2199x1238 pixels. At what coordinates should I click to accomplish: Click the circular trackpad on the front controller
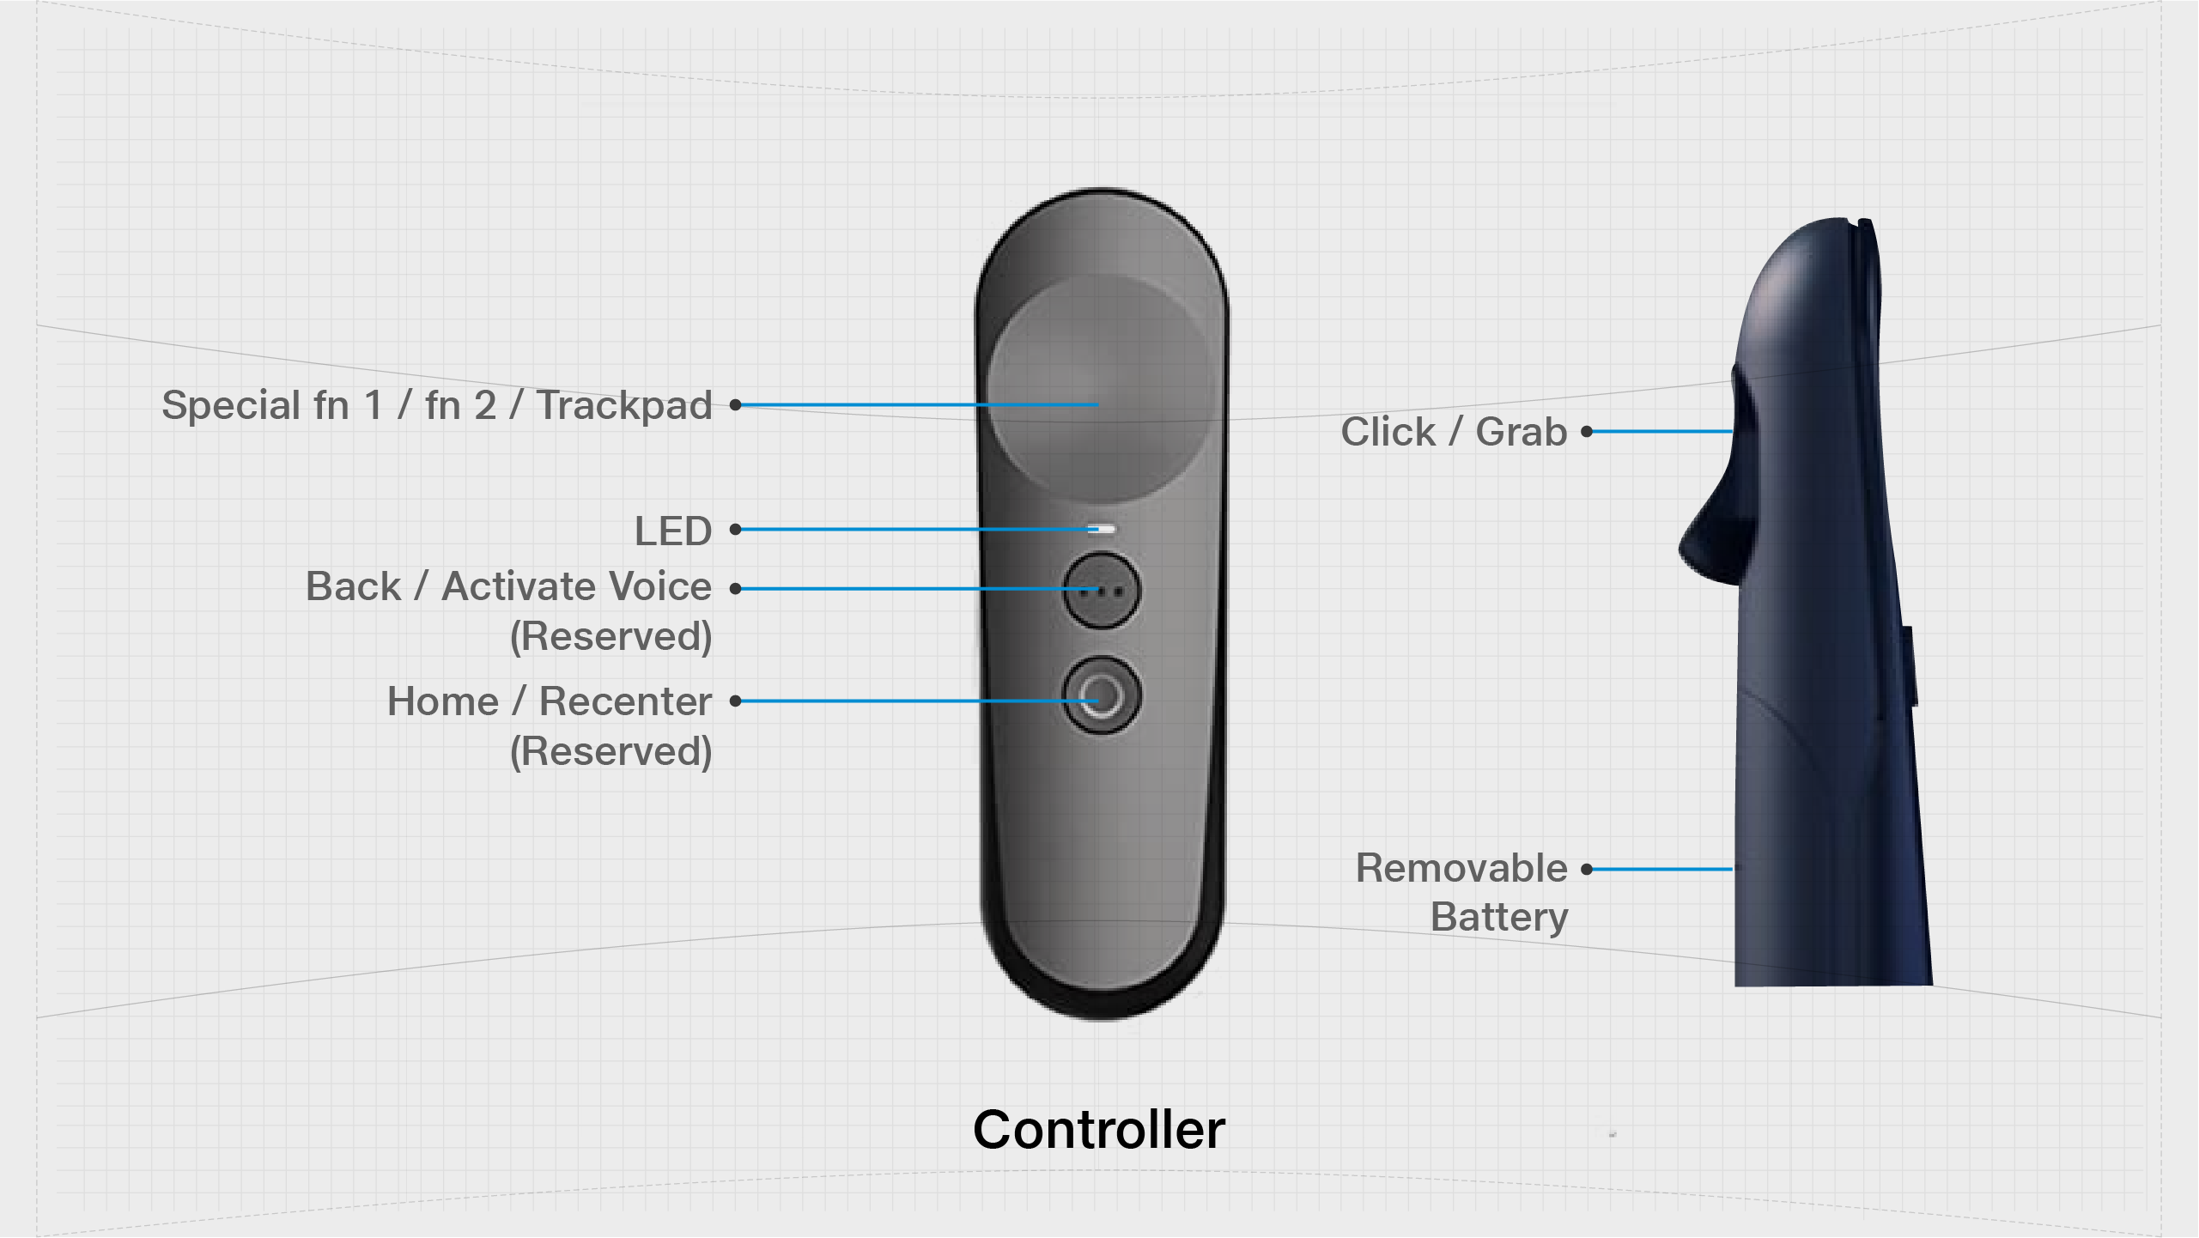(1100, 388)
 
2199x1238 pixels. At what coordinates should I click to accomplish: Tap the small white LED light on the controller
(1103, 529)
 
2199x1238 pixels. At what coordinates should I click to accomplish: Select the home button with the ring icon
(1102, 695)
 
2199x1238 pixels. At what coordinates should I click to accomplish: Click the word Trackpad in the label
(624, 405)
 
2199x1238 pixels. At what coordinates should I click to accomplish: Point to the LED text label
(673, 531)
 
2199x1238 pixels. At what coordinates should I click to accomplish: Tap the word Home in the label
(442, 701)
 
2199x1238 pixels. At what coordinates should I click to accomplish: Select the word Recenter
(625, 701)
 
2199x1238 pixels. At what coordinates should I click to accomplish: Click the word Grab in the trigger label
(1521, 432)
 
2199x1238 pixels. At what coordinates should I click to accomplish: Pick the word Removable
(1461, 868)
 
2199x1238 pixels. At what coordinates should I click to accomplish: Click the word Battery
(1499, 917)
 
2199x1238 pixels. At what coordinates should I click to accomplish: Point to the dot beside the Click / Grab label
(1587, 432)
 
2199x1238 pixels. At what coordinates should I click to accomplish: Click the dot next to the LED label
(735, 530)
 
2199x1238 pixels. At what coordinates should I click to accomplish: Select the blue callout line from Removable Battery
(1661, 869)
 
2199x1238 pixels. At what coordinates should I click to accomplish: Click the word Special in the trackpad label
(231, 405)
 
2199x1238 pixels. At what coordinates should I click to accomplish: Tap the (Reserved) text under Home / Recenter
(610, 751)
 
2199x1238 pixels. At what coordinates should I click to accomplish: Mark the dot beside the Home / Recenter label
(735, 701)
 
